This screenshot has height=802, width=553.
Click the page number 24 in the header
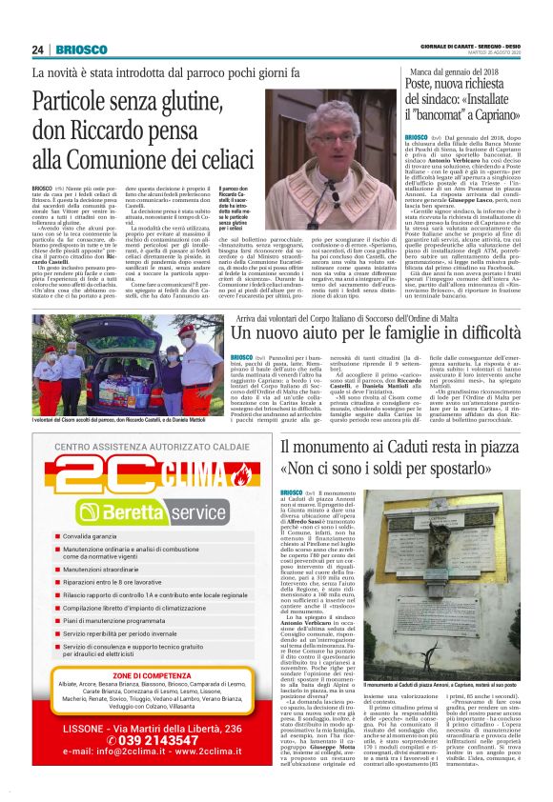point(39,50)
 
